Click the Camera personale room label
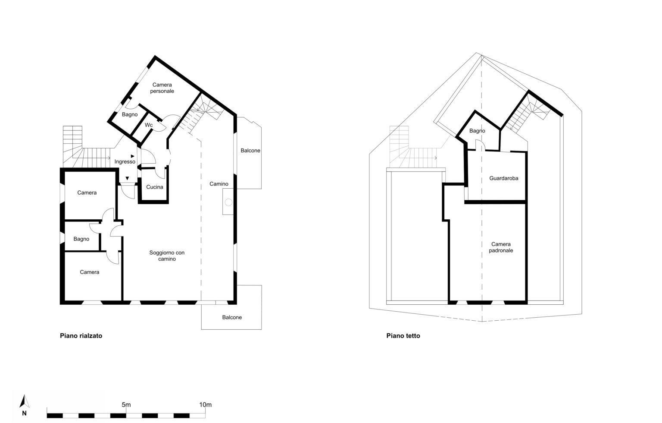coord(162,88)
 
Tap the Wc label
coord(149,125)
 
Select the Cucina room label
coord(155,187)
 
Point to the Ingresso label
coord(125,162)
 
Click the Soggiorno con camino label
coord(167,256)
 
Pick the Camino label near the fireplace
coord(219,184)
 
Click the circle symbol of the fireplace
coord(228,202)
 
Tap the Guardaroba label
coord(503,178)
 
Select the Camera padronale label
coord(501,247)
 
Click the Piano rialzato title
coord(81,336)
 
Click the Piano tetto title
coord(403,336)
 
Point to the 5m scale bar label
coord(126,404)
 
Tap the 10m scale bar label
coord(206,404)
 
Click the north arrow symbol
coord(24,401)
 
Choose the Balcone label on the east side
coord(250,151)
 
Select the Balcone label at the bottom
coord(232,317)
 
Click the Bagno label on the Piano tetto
coord(477,131)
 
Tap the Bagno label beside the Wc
coord(130,114)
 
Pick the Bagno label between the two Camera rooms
coord(81,239)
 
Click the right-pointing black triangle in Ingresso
coord(133,156)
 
